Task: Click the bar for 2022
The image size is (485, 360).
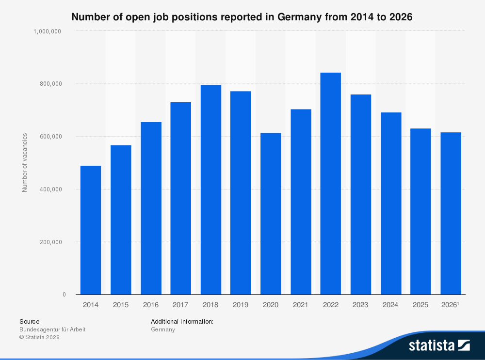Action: click(x=330, y=184)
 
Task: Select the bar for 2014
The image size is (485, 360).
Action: click(x=91, y=230)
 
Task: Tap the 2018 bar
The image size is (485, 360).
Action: click(x=210, y=189)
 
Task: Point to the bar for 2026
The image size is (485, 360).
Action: click(x=451, y=213)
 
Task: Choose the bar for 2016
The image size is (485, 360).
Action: click(x=151, y=208)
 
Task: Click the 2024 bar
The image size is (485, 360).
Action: click(x=390, y=203)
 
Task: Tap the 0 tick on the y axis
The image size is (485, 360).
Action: click(x=64, y=295)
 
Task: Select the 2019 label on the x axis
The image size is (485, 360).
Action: click(x=241, y=305)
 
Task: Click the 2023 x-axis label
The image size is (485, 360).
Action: click(x=360, y=305)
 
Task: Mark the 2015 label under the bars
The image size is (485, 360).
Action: click(x=121, y=305)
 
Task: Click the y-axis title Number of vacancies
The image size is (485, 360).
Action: click(x=25, y=162)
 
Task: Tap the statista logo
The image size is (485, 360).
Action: click(x=439, y=345)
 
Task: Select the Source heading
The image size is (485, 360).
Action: click(x=29, y=321)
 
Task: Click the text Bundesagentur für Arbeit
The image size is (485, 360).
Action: click(x=52, y=329)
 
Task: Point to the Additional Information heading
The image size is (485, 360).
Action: click(x=182, y=321)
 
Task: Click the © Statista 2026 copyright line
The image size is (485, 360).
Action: click(x=39, y=337)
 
